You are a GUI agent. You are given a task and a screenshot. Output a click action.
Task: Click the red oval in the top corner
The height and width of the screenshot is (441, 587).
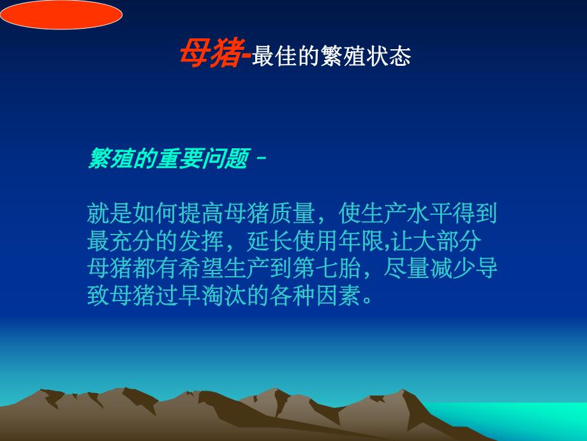pos(61,14)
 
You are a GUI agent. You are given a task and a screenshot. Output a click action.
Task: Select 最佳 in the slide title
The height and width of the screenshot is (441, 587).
pos(272,56)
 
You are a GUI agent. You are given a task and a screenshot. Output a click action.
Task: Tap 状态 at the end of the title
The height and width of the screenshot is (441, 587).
pos(391,56)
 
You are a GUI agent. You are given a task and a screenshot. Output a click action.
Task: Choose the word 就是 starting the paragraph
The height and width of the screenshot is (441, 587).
pos(107,213)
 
